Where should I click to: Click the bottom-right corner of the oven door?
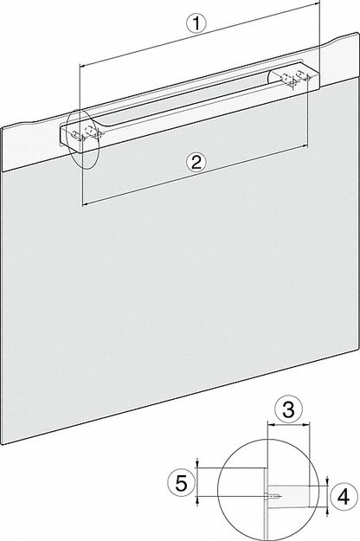pyautogui.click(x=355, y=355)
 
